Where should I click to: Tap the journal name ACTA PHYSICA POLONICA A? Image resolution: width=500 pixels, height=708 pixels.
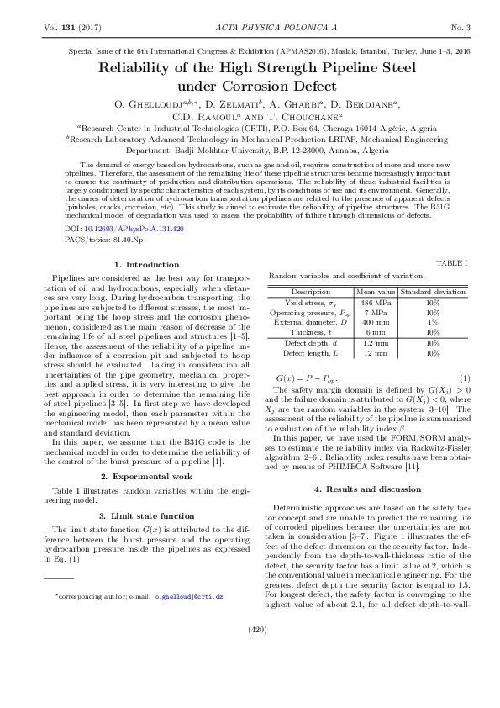pos(250,28)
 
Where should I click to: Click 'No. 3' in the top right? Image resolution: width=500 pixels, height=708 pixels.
pos(461,28)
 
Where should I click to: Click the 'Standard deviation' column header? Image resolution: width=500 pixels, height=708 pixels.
pos(433,292)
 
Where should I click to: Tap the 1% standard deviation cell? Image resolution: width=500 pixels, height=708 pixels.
pos(433,322)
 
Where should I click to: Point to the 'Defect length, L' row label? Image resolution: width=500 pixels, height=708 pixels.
pos(305,353)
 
